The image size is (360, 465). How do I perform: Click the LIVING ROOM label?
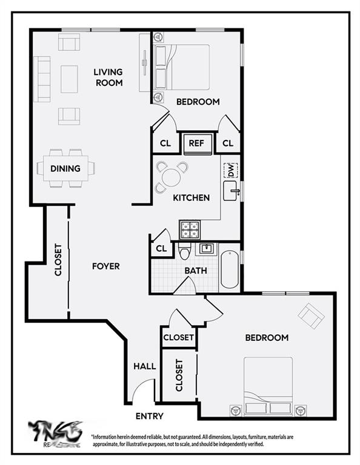click(108, 77)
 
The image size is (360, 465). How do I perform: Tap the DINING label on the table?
click(65, 168)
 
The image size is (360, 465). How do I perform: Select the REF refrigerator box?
click(196, 143)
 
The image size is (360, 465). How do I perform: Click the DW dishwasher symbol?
click(231, 171)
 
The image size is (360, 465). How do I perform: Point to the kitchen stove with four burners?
click(188, 230)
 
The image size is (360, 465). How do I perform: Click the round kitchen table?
click(172, 177)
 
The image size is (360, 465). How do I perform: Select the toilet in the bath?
click(185, 251)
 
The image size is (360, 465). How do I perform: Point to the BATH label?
click(196, 271)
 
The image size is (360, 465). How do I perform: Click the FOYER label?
click(105, 266)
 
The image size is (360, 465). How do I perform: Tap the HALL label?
click(145, 366)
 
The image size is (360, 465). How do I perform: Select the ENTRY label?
click(149, 416)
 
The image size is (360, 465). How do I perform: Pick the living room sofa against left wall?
click(42, 79)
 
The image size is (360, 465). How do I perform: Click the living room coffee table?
click(69, 79)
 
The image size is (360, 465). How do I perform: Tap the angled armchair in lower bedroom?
click(312, 315)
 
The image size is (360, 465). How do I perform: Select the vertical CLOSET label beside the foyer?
click(58, 260)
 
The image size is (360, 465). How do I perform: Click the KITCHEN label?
click(192, 197)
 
